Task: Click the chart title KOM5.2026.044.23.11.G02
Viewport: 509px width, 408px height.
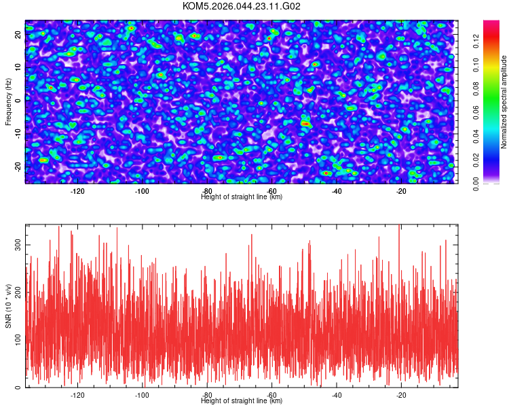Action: coord(242,7)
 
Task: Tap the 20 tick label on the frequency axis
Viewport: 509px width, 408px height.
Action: coord(19,33)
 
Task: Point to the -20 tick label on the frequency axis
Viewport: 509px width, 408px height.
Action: coord(19,167)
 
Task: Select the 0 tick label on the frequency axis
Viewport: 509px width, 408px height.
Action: coord(19,100)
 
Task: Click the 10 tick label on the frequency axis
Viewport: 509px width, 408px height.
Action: coord(19,66)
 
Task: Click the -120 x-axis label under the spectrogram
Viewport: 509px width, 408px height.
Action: coord(77,191)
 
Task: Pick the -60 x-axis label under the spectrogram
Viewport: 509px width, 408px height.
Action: coord(271,191)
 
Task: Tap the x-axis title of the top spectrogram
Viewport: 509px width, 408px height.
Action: coord(242,197)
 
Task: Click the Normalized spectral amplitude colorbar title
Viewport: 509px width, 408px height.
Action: coord(504,102)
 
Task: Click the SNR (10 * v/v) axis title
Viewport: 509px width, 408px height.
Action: coord(9,305)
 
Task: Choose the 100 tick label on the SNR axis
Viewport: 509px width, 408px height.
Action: coord(19,339)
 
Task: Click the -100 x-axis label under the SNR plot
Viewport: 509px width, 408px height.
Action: coord(142,395)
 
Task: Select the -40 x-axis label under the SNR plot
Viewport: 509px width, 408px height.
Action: coord(337,395)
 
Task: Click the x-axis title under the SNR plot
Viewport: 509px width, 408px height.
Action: coord(242,401)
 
